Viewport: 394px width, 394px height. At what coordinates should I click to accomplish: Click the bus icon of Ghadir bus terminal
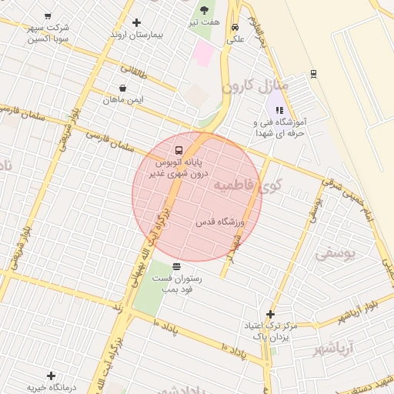point(179,150)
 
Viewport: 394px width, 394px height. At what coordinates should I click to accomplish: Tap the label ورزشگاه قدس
point(219,222)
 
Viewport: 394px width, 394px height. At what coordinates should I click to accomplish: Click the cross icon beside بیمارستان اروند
point(137,22)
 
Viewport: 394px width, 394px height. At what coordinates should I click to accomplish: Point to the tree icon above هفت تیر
point(204,10)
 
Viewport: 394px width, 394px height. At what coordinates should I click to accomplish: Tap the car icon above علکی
point(234,27)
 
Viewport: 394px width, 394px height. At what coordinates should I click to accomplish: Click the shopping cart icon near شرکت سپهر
point(48,16)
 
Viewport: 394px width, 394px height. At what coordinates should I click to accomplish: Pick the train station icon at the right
point(313,74)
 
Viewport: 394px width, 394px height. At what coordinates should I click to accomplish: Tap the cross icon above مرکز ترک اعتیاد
point(269,314)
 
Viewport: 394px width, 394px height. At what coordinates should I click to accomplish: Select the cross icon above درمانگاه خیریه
point(51,376)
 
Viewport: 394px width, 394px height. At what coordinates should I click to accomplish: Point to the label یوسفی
point(336,252)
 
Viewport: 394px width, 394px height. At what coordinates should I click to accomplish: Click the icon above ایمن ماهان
point(123,88)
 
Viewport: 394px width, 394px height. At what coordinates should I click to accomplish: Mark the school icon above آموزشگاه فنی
point(279,110)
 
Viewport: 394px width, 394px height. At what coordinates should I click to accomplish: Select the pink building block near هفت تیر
point(203,52)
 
